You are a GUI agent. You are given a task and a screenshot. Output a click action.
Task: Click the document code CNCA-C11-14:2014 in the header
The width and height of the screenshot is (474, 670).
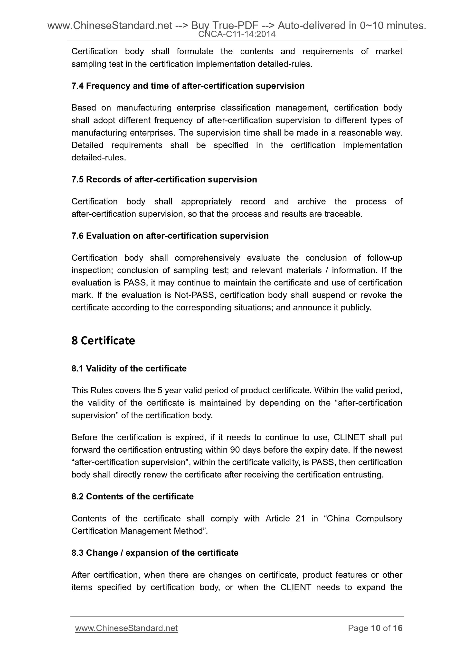[x=237, y=34]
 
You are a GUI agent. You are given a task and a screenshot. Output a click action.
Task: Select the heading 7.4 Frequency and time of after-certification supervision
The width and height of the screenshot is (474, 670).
[x=188, y=86]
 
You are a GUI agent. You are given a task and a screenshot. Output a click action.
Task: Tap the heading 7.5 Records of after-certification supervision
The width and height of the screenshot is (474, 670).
[x=164, y=179]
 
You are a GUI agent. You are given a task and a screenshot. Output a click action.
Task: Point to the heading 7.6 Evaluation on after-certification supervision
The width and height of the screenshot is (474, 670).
[x=170, y=236]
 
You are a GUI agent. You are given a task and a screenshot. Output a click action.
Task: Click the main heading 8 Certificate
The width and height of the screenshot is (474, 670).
[x=103, y=340]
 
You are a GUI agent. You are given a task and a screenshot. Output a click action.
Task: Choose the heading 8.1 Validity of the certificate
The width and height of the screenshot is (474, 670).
[x=129, y=368]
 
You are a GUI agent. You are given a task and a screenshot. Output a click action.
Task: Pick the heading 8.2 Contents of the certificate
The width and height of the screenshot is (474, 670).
[x=132, y=496]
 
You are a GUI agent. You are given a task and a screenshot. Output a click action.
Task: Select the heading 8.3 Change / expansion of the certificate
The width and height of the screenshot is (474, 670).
[x=155, y=553]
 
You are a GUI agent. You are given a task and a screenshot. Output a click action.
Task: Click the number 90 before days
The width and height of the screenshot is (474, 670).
[x=235, y=450]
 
